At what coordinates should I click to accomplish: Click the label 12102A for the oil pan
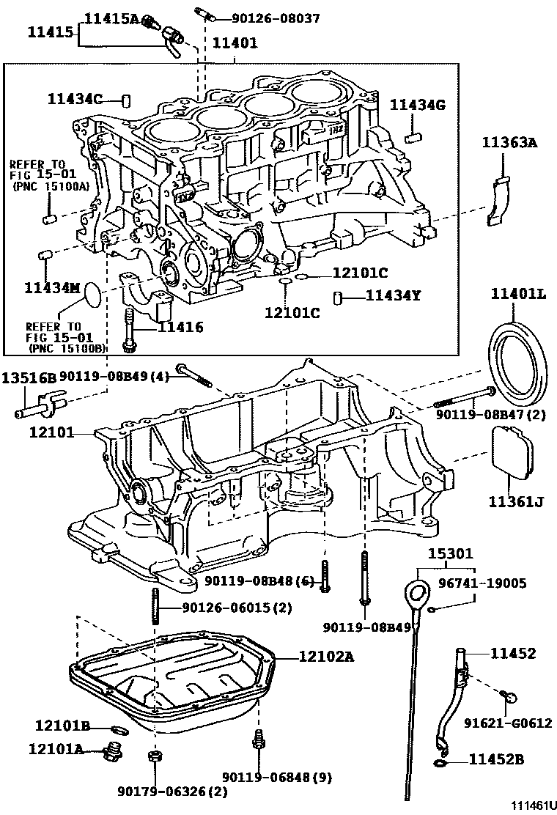point(326,657)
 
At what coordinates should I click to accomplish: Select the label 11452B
point(496,760)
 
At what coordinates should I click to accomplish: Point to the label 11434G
point(417,106)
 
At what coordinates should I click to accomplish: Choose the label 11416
point(181,328)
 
